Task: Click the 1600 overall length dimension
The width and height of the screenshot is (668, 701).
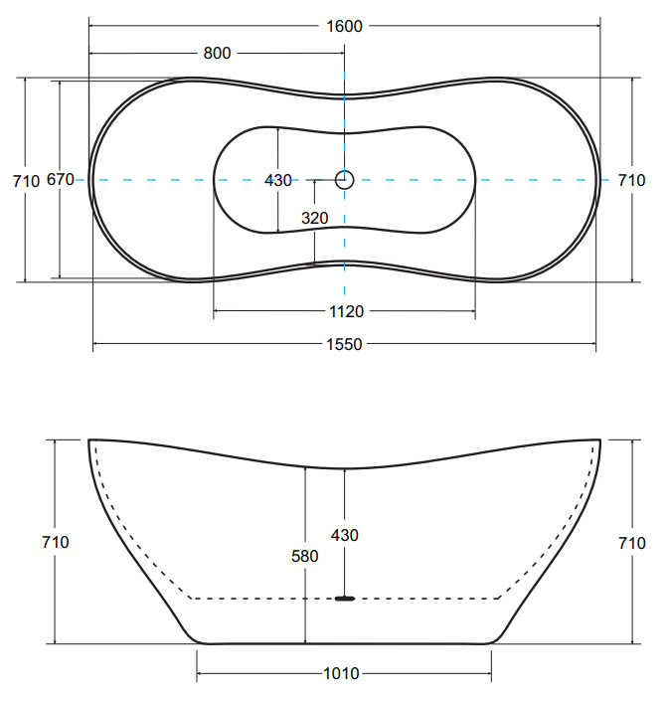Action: [344, 27]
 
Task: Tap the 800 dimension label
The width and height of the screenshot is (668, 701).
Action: [217, 54]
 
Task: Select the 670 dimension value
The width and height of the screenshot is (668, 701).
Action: [61, 180]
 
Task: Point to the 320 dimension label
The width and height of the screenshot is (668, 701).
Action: [314, 218]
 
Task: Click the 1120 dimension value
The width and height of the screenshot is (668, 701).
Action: [346, 311]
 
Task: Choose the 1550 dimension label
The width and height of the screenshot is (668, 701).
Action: [344, 345]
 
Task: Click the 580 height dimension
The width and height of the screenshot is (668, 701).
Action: [305, 557]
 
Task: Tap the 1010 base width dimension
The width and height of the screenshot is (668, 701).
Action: [341, 674]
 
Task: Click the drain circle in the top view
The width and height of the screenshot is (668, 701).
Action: [345, 180]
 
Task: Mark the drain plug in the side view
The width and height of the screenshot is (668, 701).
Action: [345, 599]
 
